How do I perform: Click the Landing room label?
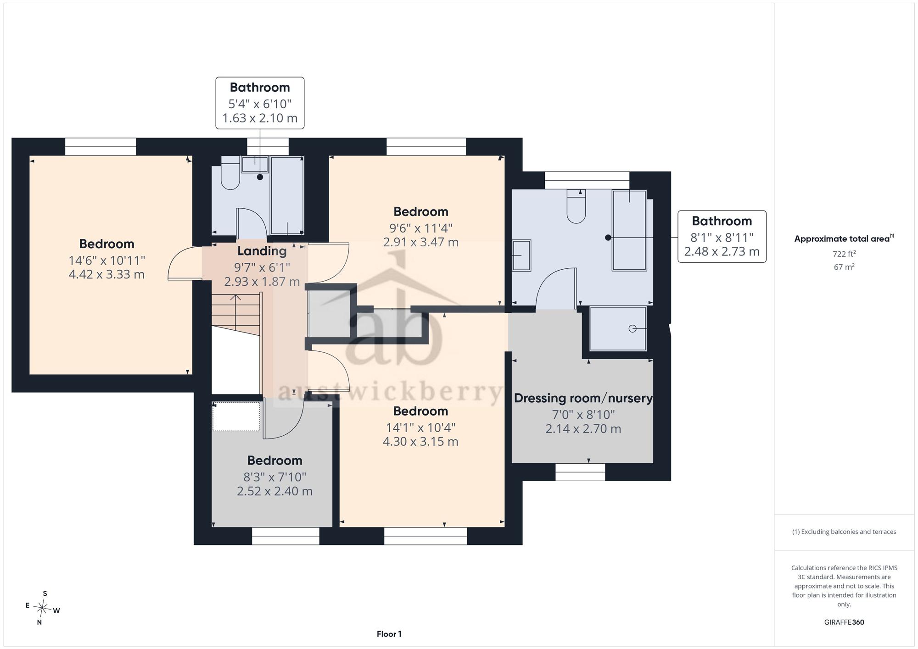coord(262,251)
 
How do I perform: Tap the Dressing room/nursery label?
coord(583,398)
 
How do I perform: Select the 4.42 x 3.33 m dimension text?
coord(106,275)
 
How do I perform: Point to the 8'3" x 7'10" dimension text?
coord(274,477)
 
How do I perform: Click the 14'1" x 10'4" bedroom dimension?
coord(420,427)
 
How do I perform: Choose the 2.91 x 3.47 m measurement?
coord(421,242)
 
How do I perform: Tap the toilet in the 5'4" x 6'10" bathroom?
coord(230,173)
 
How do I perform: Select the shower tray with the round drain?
coord(618,329)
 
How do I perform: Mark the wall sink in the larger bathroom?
coord(521,255)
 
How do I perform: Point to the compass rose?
coord(42,608)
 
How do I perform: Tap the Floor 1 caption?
coord(389,634)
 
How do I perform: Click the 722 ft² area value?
coord(844,254)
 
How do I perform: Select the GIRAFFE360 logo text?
coord(844,622)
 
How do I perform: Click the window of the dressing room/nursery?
coord(580,472)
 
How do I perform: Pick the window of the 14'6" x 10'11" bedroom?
coord(101,147)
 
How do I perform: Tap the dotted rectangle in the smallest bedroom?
coord(236,416)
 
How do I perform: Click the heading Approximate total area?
coord(844,239)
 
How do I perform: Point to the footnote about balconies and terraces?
coord(844,532)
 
